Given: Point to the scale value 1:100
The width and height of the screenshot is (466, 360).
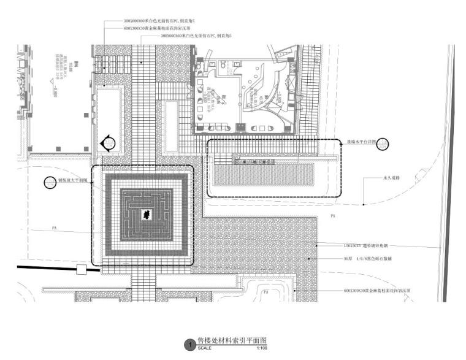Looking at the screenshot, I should point(262,348).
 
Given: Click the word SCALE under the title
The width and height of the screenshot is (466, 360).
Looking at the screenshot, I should point(204,348).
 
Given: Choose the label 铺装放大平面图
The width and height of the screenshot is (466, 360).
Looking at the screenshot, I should point(73,182).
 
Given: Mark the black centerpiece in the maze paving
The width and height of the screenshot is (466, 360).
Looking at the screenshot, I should point(147,213).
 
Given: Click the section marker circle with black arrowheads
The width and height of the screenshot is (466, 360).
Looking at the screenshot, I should point(109,143).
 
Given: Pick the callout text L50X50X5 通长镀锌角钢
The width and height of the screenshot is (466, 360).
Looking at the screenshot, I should point(369,245).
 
